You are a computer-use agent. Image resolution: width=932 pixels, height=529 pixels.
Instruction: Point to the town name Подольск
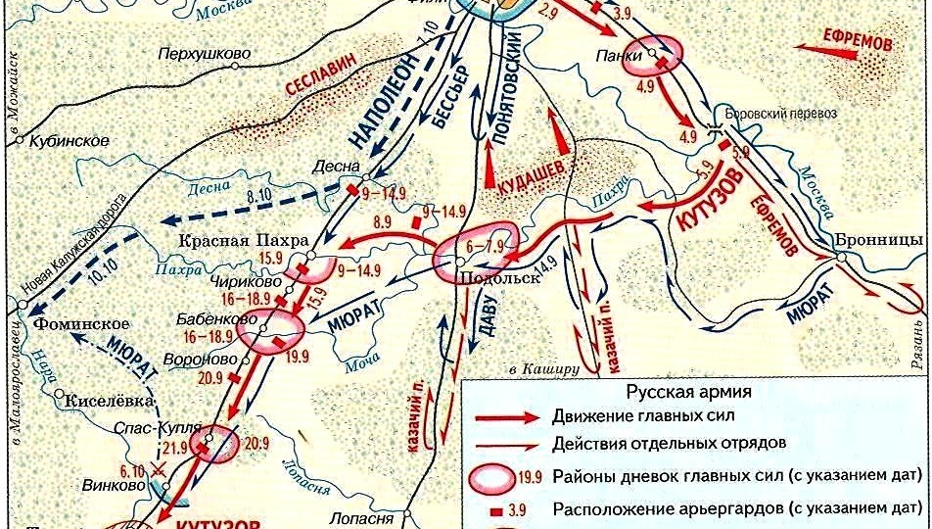[499, 278]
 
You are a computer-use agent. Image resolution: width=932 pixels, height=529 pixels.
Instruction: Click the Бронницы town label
[874, 241]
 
